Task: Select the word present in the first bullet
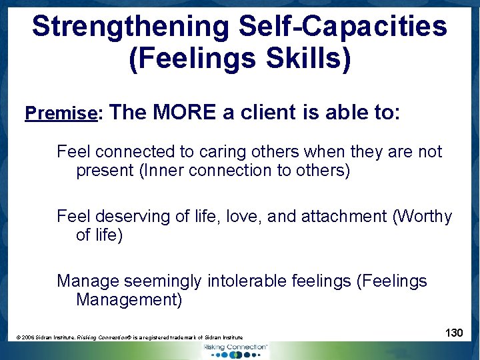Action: [x=105, y=171]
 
